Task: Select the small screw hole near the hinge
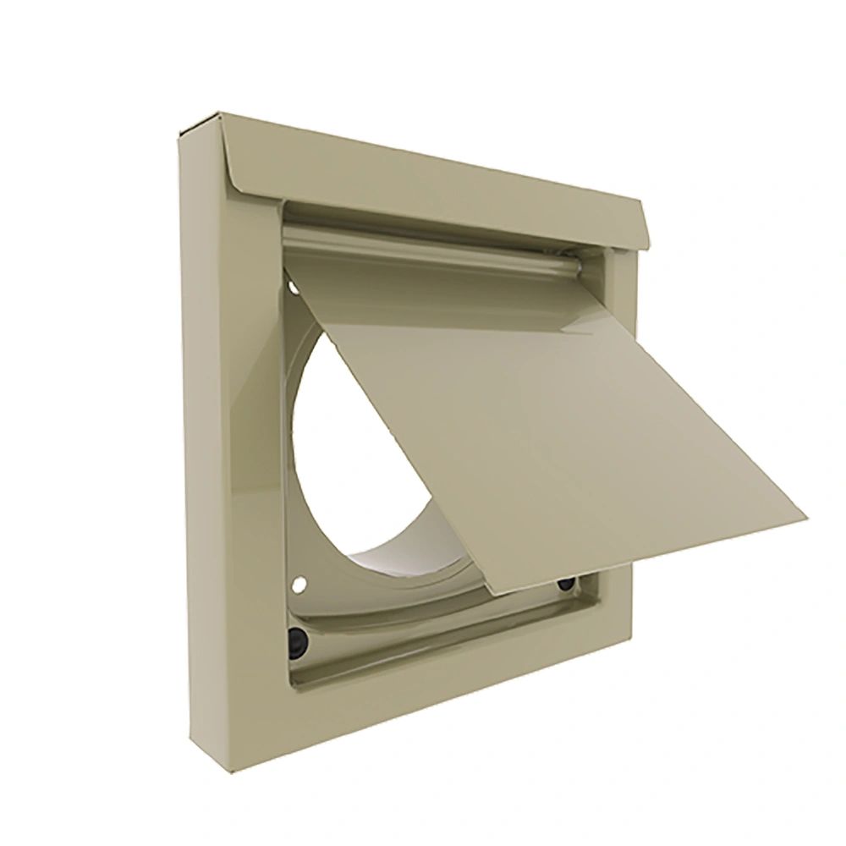[294, 288]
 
